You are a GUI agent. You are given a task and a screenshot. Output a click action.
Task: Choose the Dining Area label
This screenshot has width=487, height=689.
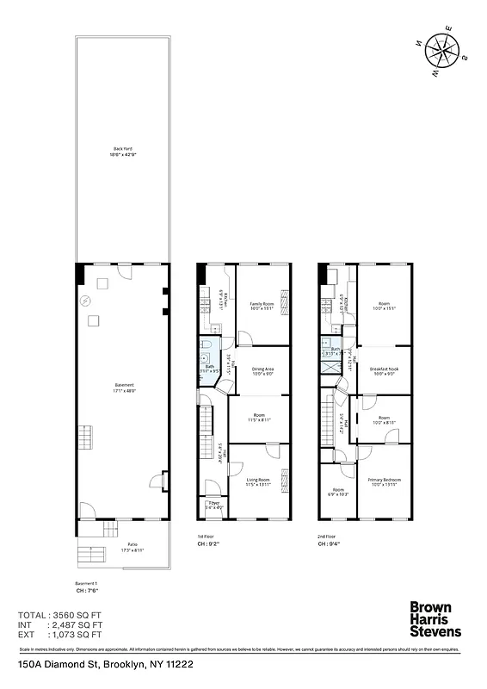262,371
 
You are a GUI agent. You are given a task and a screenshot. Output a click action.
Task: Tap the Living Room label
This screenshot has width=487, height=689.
259,481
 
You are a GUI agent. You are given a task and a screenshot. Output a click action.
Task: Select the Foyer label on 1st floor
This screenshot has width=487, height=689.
213,506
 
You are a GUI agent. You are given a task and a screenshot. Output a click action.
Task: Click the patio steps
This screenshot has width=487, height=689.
89,552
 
